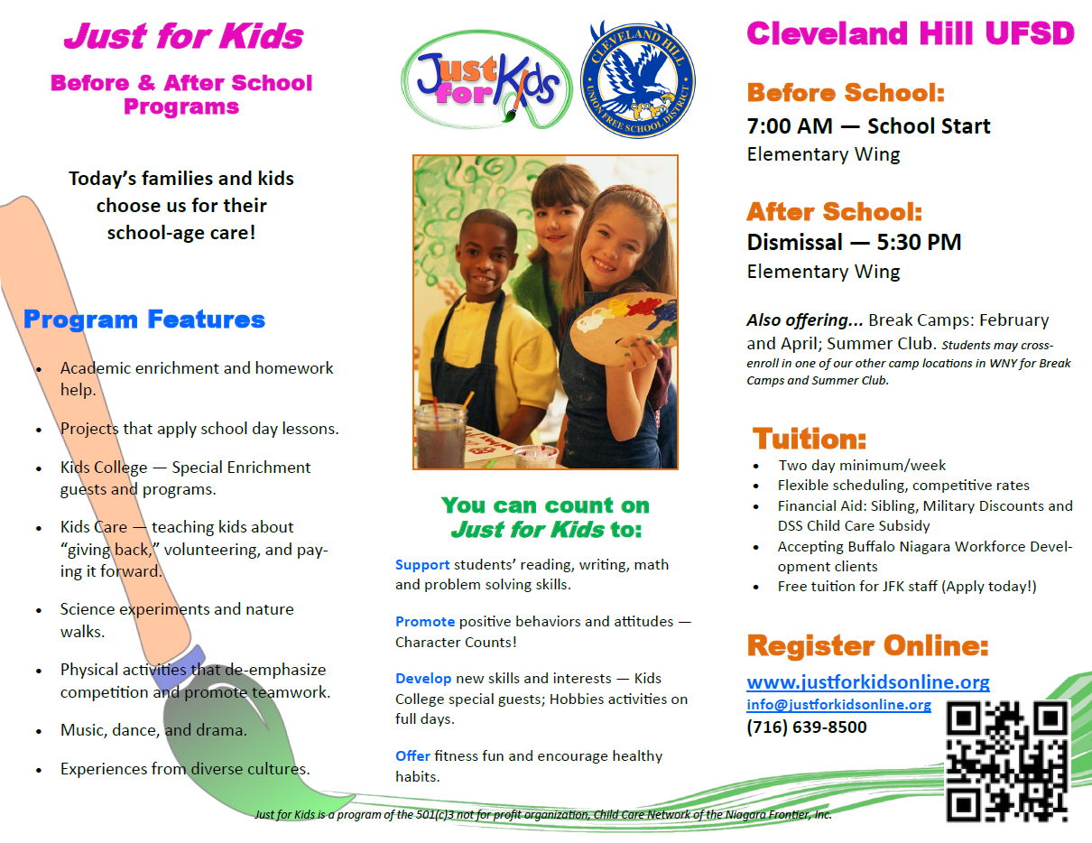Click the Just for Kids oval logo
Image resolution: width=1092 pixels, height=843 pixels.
click(486, 80)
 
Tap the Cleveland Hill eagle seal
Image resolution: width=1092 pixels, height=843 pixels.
click(638, 79)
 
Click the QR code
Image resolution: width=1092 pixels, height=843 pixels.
click(1007, 761)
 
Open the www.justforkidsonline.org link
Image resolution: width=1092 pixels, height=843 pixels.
click(868, 681)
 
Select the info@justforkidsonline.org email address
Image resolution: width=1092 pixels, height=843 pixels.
click(838, 704)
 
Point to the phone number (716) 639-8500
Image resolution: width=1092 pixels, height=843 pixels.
click(807, 727)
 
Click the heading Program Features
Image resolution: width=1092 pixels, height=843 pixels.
click(144, 320)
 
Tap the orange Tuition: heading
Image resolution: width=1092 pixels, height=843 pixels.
click(810, 439)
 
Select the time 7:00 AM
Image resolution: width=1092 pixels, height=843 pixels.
click(790, 126)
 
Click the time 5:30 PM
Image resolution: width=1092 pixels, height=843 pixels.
click(919, 242)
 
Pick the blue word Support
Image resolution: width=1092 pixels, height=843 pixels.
click(422, 565)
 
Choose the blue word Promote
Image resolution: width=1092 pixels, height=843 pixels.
click(425, 622)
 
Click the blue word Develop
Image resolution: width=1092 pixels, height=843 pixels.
click(423, 679)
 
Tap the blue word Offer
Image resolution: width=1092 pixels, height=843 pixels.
click(412, 756)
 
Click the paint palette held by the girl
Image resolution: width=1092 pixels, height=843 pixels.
click(623, 327)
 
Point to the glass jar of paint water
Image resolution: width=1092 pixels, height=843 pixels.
click(440, 436)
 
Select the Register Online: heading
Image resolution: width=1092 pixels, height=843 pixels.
click(867, 645)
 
